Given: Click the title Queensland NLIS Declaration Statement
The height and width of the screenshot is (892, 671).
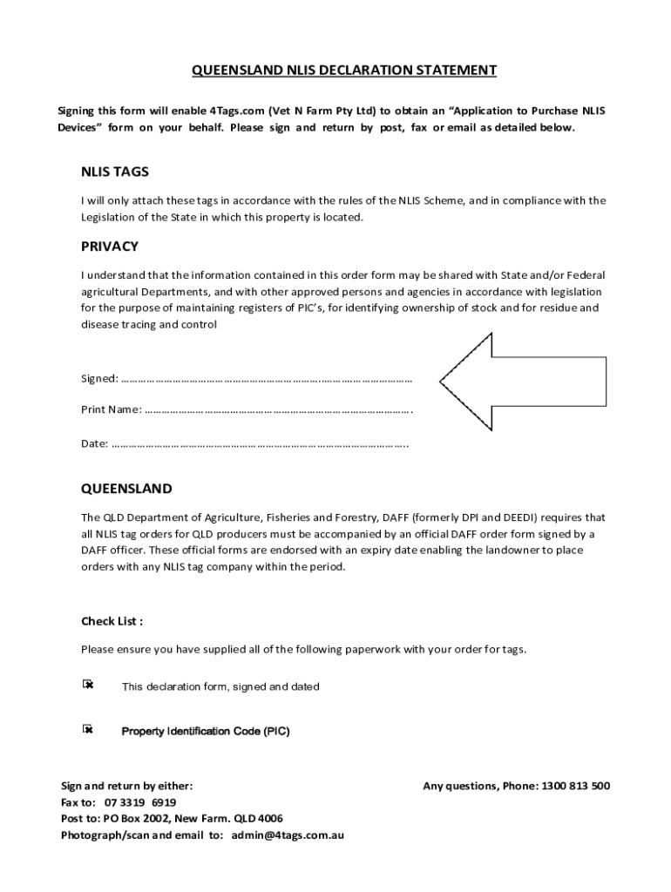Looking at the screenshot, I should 344,71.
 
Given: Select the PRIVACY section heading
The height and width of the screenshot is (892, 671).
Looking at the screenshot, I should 110,246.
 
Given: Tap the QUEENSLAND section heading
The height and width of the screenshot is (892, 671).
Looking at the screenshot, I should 126,489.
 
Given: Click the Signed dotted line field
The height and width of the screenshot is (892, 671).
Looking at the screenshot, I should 266,379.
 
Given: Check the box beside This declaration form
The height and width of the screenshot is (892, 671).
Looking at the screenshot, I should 87,685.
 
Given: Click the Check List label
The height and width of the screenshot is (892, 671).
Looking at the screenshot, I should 112,621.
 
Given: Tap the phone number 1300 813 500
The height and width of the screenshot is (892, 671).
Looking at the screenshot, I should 575,786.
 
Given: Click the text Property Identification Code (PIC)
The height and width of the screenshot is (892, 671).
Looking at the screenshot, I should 205,731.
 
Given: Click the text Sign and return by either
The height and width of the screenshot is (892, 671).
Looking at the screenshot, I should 126,786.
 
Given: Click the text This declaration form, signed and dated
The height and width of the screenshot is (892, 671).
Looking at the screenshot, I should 220,686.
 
